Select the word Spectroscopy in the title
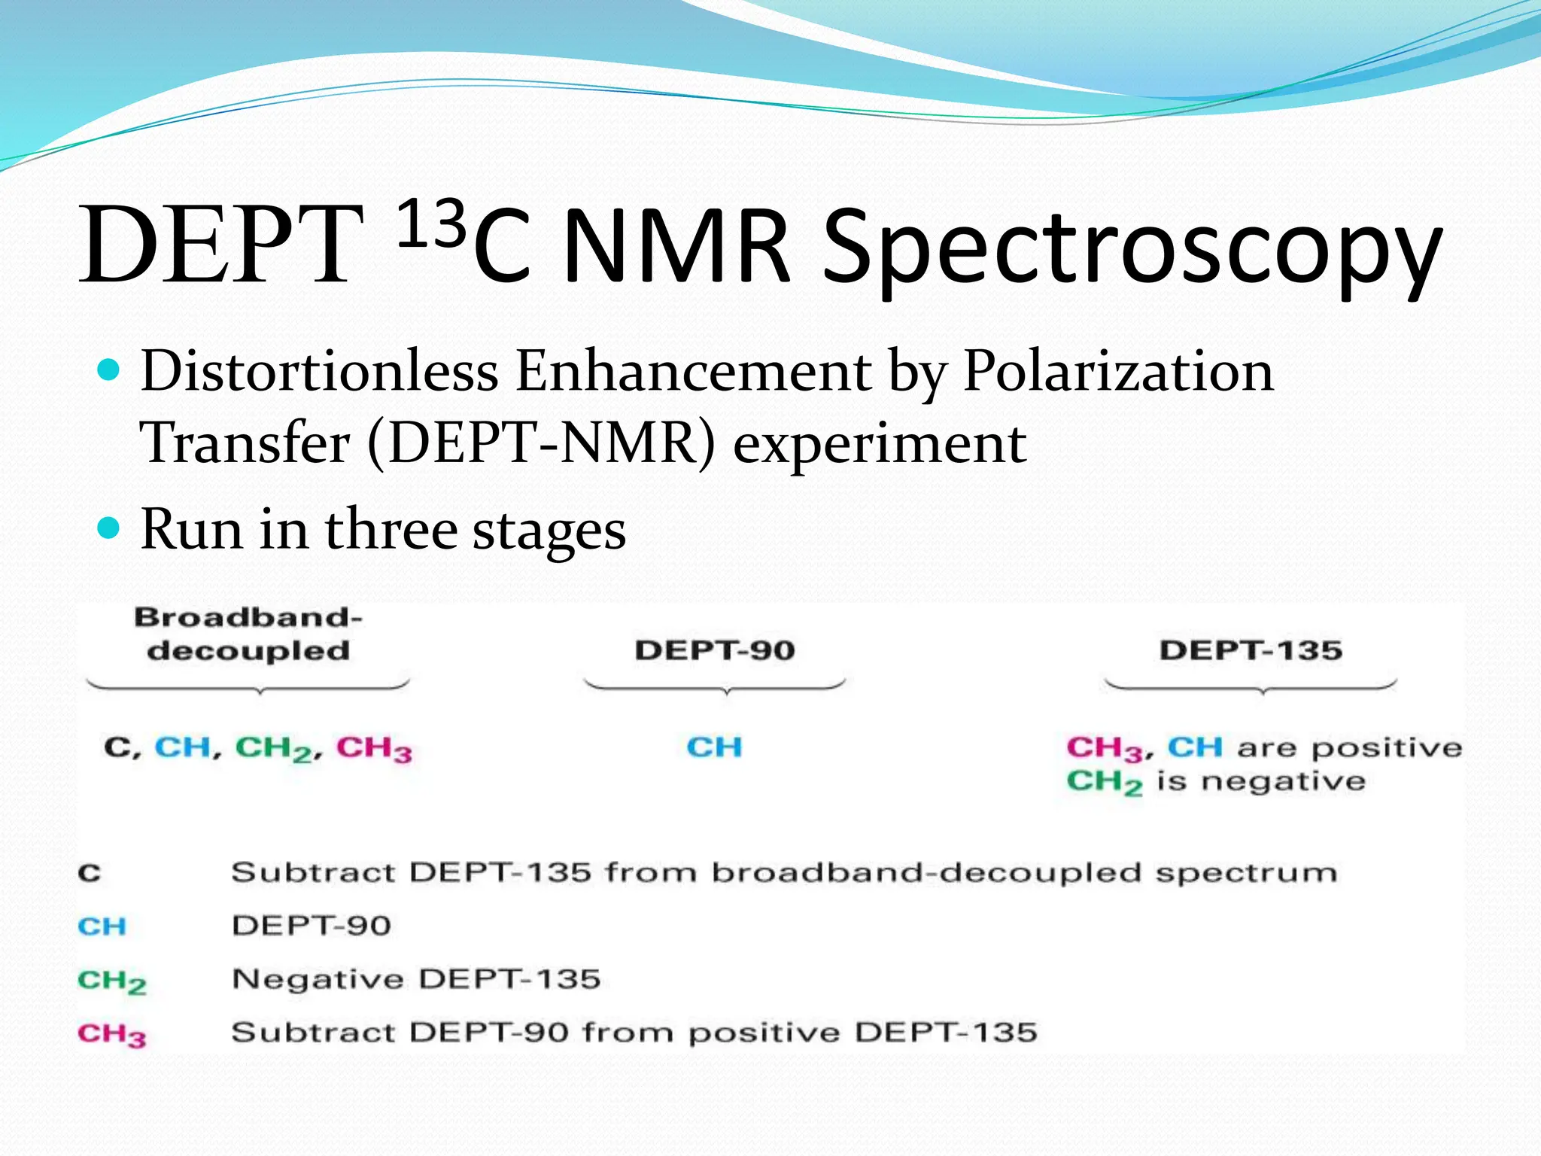1132,248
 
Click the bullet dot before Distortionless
110,370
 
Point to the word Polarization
1118,371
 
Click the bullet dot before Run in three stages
110,528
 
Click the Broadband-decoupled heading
248,634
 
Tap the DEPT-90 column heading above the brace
715,650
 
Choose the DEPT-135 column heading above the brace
1251,650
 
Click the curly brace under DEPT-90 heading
715,686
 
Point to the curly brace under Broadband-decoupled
248,686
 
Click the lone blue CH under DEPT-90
714,747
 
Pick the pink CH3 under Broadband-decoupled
374,749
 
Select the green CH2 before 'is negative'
1104,783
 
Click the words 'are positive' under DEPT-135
1350,748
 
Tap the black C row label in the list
90,874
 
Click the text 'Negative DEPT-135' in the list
416,979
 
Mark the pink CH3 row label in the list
111,1035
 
